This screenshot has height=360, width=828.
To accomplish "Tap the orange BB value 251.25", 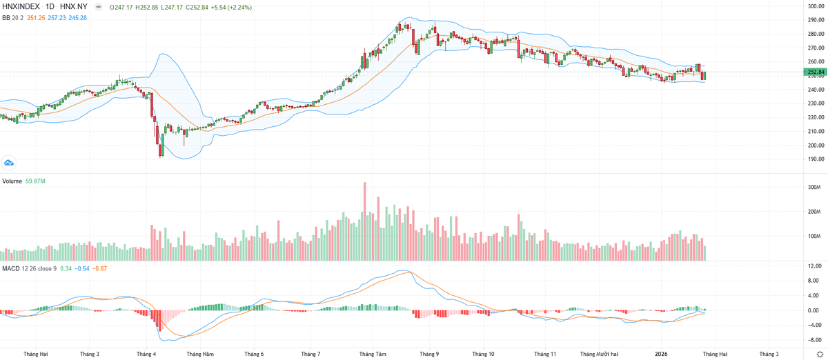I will [x=35, y=17].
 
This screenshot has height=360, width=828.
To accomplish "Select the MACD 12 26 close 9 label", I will [x=29, y=268].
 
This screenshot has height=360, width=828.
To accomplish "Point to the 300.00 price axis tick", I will [x=816, y=6].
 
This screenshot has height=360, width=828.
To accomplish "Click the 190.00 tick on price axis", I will [x=816, y=159].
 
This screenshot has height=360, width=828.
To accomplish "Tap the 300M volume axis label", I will [x=814, y=188].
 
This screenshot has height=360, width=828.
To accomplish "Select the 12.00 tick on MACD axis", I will [x=814, y=266].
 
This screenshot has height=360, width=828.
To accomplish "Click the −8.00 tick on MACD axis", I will [x=814, y=340].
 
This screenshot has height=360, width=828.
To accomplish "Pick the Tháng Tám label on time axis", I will [x=373, y=354].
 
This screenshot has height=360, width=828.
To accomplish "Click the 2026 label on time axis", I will [x=661, y=354].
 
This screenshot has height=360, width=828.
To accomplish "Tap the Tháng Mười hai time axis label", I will [x=599, y=354].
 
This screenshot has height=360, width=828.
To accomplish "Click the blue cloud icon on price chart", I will [x=9, y=163].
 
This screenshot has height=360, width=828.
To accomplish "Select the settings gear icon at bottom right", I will [x=819, y=354].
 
